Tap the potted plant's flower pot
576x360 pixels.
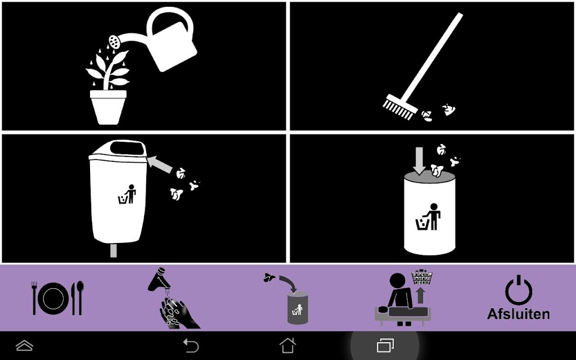pyautogui.click(x=109, y=107)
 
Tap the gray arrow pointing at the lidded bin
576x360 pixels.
pyautogui.click(x=160, y=164)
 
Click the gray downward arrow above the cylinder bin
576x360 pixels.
pyautogui.click(x=419, y=160)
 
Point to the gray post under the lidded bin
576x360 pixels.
pyautogui.click(x=114, y=250)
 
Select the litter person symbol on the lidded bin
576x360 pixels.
pyautogui.click(x=127, y=194)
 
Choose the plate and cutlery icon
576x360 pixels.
pyautogui.click(x=58, y=298)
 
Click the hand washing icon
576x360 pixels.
pyautogui.click(x=173, y=298)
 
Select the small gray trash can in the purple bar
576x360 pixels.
pyautogui.click(x=298, y=308)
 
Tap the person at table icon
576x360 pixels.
pyautogui.click(x=403, y=299)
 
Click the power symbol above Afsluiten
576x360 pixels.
pyautogui.click(x=518, y=290)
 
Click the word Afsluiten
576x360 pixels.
pyautogui.click(x=518, y=314)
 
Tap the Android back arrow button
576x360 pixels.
pyautogui.click(x=191, y=346)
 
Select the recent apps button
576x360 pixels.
pyautogui.click(x=385, y=346)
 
